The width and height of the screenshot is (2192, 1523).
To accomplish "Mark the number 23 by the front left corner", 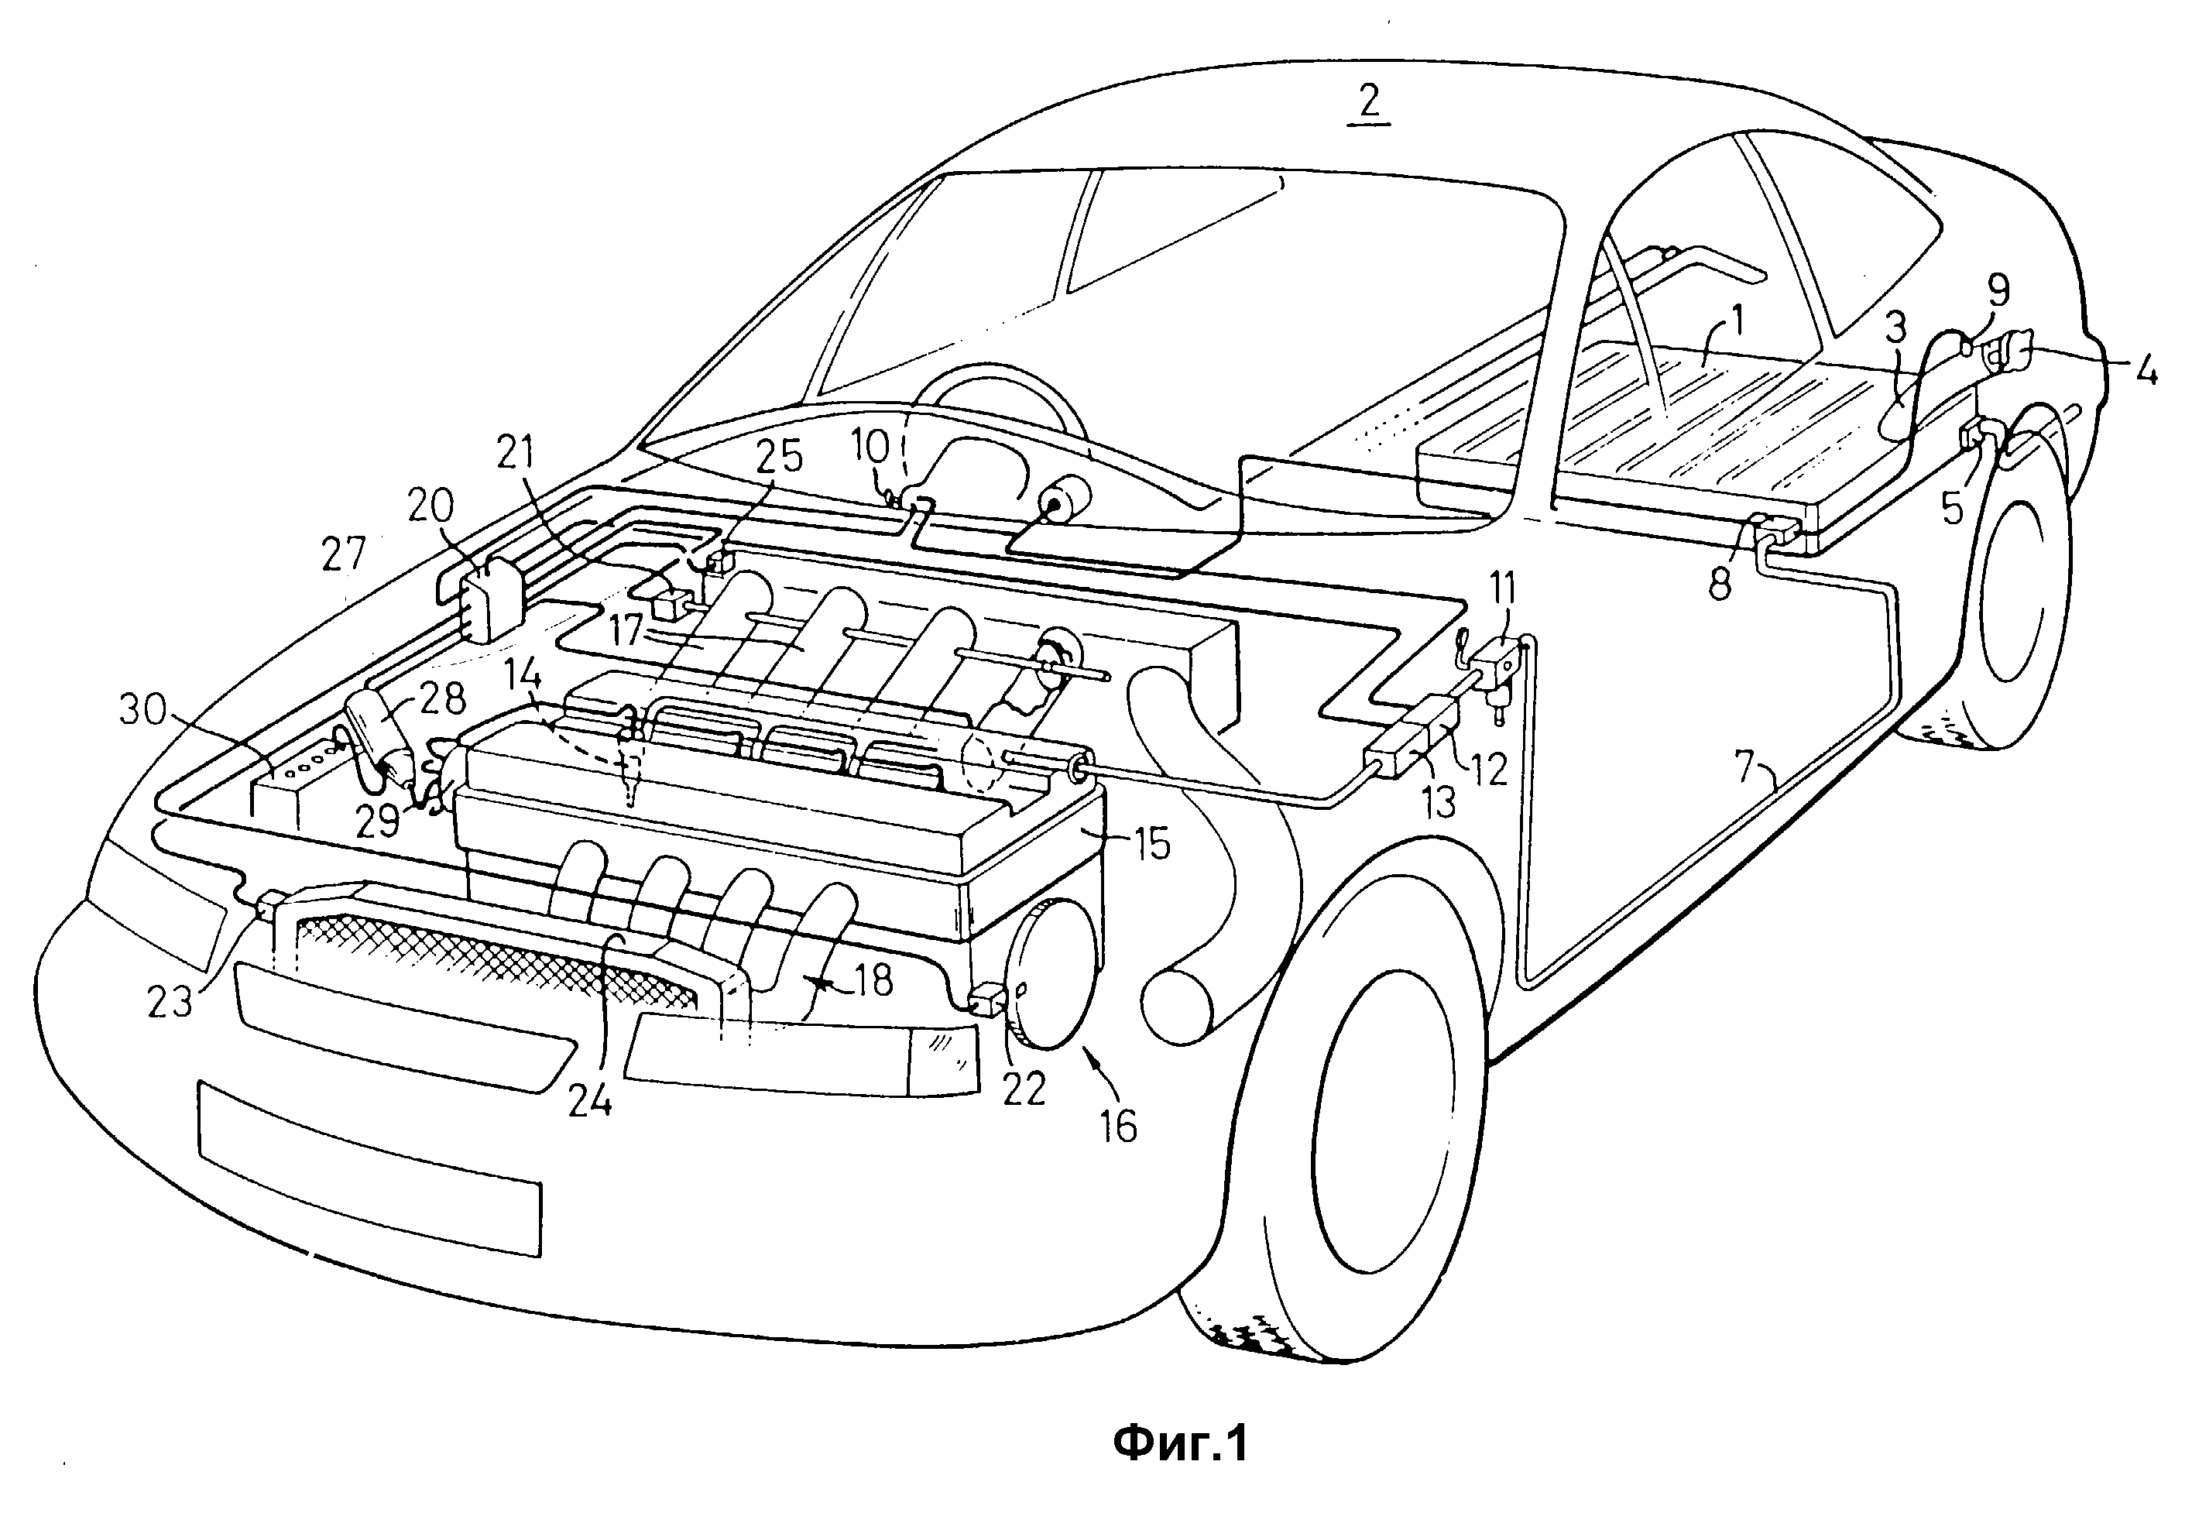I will coord(170,1001).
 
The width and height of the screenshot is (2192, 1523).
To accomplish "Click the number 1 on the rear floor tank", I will coord(1737,321).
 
